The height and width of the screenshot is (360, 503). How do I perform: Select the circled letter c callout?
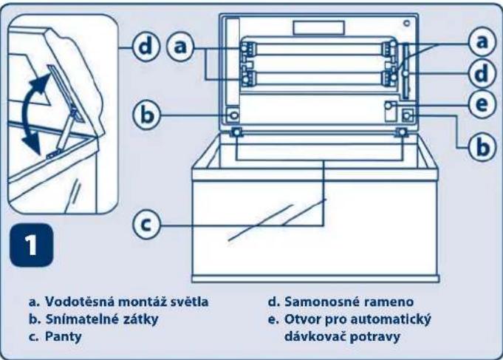(146, 222)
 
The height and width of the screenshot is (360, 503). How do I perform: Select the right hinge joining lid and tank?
(403, 132)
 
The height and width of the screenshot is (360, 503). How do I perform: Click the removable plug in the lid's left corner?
(234, 115)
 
